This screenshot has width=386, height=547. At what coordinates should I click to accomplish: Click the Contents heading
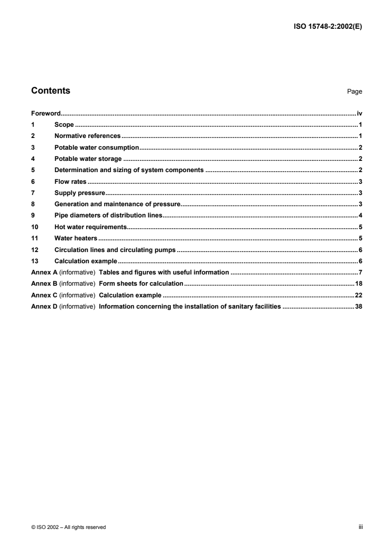click(x=51, y=91)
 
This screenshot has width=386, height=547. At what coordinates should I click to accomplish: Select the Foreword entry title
click(x=45, y=113)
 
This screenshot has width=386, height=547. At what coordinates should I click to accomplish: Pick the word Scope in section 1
click(x=64, y=125)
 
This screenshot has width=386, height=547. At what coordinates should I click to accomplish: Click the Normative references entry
click(x=88, y=136)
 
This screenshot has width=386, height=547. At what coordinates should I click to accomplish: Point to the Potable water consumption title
click(x=97, y=147)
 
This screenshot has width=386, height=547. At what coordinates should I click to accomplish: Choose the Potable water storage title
click(x=88, y=158)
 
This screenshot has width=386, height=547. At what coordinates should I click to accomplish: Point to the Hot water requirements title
click(x=91, y=227)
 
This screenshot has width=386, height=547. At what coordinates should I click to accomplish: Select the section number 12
click(x=34, y=250)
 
